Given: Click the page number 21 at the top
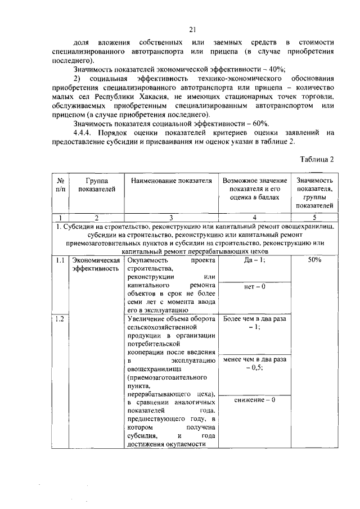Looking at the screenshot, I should tap(192, 30).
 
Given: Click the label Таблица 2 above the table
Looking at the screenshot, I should tap(317, 159).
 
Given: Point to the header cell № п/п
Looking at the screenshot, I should tap(61, 186).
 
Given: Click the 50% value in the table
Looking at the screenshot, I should tap(314, 260).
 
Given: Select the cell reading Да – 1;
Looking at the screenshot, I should tap(247, 260).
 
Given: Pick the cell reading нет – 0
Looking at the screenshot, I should tap(247, 287).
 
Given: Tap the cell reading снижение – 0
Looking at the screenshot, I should tap(247, 400).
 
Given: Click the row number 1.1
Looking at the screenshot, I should tap(60, 260).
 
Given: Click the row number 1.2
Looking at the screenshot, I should tap(60, 319).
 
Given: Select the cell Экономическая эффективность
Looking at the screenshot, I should tap(96, 264).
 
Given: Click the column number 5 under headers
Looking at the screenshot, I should tap(314, 218).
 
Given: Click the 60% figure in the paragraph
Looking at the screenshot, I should tap(259, 123).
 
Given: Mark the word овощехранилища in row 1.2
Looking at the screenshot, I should tap(152, 368).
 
